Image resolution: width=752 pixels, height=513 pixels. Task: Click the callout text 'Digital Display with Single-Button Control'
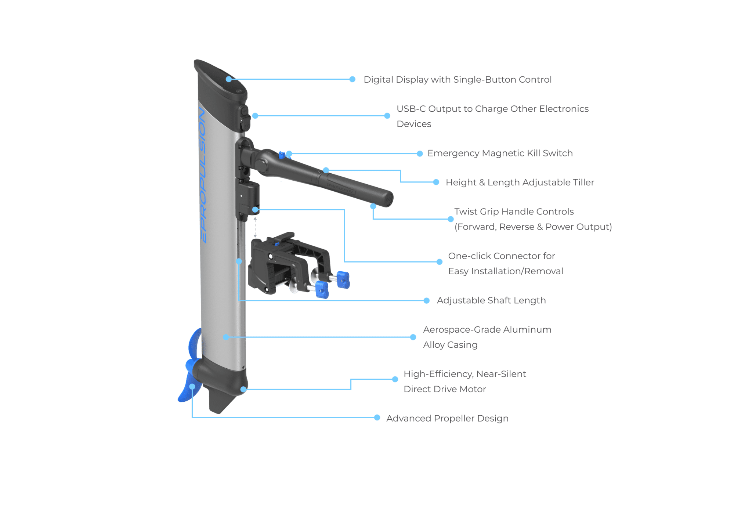457,79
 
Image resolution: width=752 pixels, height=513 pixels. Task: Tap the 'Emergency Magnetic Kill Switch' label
500,153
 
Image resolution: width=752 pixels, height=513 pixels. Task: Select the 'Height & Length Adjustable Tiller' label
520,182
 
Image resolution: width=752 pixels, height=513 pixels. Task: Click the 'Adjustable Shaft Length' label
491,300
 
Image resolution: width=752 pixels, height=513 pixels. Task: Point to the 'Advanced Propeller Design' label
447,418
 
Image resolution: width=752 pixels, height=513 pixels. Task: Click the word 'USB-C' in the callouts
411,109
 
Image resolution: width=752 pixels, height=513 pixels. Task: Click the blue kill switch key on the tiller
282,155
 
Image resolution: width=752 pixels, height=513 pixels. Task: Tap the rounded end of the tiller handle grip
387,199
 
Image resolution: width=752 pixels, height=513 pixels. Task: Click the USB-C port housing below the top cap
244,118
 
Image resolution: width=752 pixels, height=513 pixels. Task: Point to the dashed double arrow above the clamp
255,227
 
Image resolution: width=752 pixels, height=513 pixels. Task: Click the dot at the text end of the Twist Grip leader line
451,219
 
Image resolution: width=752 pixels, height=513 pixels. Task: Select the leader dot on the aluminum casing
226,337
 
